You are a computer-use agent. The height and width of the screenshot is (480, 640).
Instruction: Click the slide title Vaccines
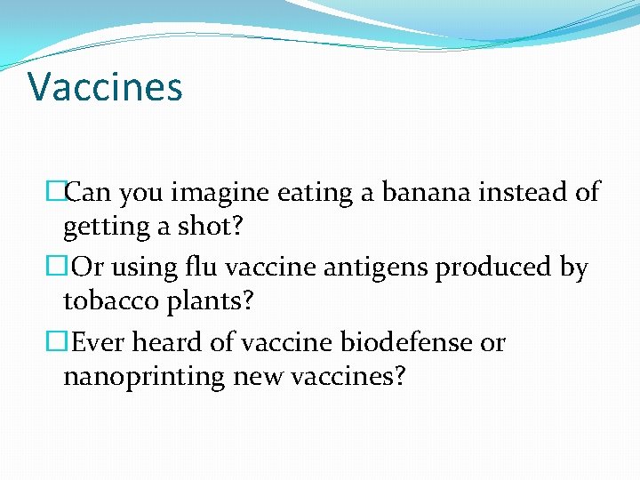(105, 87)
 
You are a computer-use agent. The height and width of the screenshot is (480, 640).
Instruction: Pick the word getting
(105, 228)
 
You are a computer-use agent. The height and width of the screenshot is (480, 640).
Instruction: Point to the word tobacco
(112, 301)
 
